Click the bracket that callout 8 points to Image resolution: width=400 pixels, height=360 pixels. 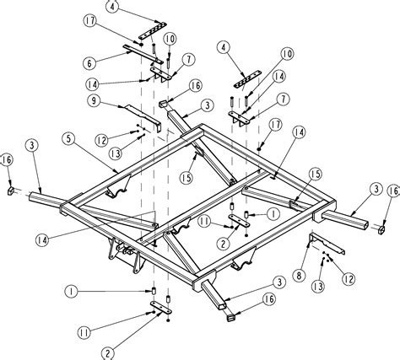coord(325,244)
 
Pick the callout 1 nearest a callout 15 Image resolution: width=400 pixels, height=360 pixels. coord(273,214)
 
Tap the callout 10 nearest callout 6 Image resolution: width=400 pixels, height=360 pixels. coord(170,40)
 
